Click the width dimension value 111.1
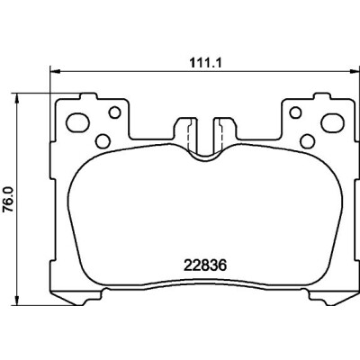tap(205, 63)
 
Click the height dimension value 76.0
tap(8, 200)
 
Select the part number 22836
tap(205, 265)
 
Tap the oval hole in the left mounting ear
tap(77, 122)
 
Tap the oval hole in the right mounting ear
tap(332, 122)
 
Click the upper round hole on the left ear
tap(114, 112)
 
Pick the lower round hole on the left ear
tap(103, 140)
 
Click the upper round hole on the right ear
tap(295, 112)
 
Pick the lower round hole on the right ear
tap(307, 140)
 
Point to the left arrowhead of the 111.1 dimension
tap(55, 71)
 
